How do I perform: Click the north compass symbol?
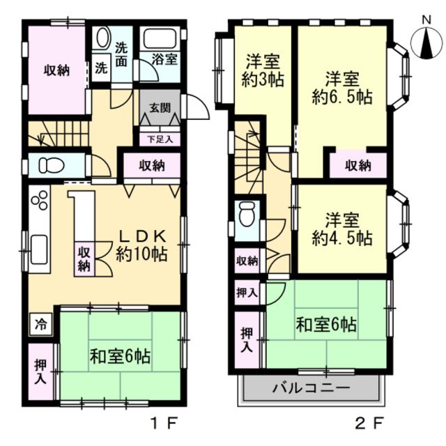(424, 44)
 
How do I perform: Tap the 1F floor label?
(169, 422)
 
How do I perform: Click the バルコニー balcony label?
(311, 387)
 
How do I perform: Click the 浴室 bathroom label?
(166, 59)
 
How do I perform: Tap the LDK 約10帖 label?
(141, 246)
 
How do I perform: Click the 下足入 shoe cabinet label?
(155, 139)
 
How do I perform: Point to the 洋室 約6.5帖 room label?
(341, 87)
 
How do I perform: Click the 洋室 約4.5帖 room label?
(341, 229)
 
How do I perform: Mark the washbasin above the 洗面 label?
(104, 38)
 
